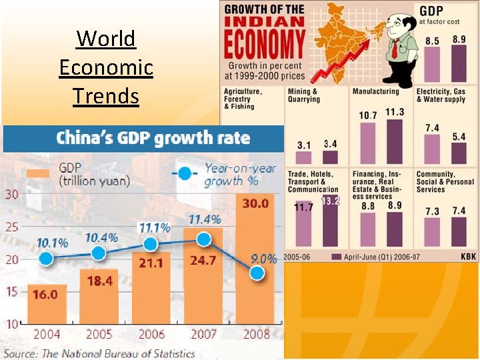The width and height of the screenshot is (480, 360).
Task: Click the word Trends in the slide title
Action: [106, 96]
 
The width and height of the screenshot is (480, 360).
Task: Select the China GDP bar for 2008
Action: [256, 267]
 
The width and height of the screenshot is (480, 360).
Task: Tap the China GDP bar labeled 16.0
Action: [47, 304]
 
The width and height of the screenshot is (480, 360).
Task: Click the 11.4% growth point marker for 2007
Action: [205, 239]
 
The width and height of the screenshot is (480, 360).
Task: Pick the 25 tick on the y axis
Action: [12, 227]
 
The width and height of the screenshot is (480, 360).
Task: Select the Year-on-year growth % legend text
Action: [239, 175]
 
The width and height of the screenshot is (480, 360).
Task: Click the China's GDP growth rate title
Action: [153, 139]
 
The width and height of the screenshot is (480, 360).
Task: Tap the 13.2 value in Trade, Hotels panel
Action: [331, 201]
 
